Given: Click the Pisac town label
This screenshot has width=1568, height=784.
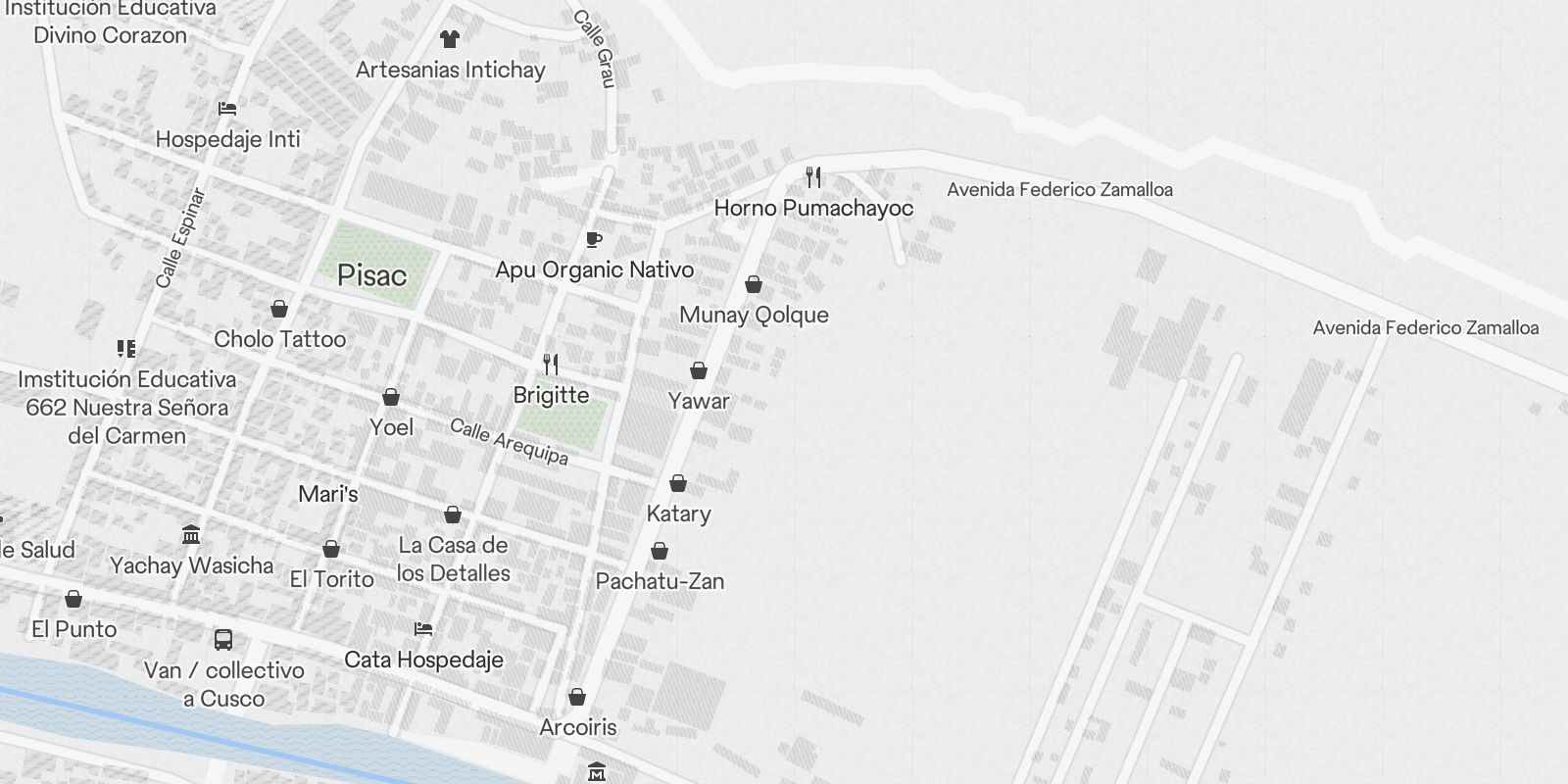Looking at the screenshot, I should click(x=371, y=275).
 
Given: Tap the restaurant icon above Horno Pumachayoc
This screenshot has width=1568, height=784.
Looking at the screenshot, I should click(x=813, y=177).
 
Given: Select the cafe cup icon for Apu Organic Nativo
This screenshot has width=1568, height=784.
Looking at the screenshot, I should click(x=593, y=239).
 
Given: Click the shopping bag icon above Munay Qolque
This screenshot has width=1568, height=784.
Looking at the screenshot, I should click(x=754, y=284).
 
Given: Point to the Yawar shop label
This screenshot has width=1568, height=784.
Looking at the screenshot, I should click(x=699, y=400).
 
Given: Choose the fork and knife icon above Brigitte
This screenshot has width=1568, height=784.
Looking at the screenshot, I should click(x=551, y=365).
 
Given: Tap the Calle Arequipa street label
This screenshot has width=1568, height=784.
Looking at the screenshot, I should click(x=509, y=442).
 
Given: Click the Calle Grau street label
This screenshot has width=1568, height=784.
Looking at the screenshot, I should click(x=594, y=49).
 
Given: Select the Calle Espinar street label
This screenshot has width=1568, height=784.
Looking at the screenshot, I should click(x=181, y=238).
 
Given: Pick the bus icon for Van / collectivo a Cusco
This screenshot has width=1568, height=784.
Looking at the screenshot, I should click(x=223, y=640).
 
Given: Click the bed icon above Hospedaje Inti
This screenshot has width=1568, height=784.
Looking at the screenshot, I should click(x=227, y=108).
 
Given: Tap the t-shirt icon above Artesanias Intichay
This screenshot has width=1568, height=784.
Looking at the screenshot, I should click(x=450, y=39).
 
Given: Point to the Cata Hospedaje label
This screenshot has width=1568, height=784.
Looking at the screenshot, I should click(x=423, y=660).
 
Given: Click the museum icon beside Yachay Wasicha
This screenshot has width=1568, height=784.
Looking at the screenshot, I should click(x=192, y=535).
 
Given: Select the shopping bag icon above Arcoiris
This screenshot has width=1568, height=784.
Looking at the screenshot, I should click(x=577, y=697).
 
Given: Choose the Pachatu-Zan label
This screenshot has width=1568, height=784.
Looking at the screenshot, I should click(x=660, y=581).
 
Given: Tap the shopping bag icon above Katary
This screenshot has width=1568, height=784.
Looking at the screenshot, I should click(x=678, y=483).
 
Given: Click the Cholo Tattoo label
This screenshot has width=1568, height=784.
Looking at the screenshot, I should click(x=279, y=339).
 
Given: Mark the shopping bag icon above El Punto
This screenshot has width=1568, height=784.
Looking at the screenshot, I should click(x=73, y=598).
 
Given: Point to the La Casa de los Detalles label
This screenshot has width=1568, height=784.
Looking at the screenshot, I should click(x=453, y=559).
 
